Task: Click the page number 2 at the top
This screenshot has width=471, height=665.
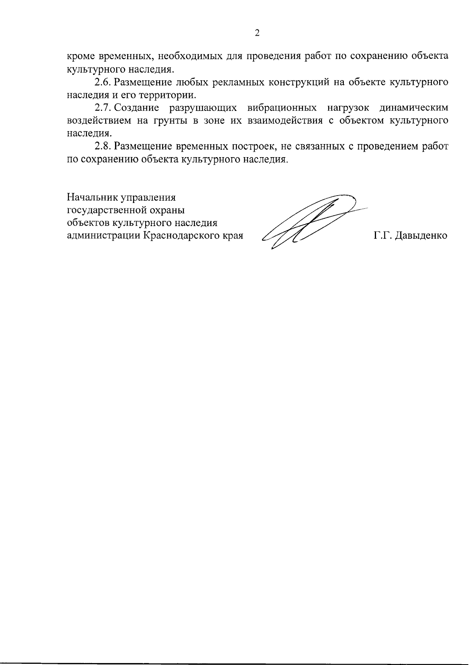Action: [257, 33]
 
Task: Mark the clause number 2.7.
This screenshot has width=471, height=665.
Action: [103, 107]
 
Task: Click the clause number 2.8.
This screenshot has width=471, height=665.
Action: [103, 146]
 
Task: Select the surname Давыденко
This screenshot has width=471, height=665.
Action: [421, 236]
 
